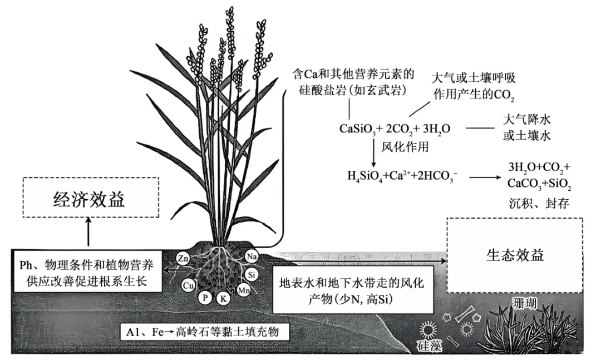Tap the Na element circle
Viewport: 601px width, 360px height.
coord(251,257)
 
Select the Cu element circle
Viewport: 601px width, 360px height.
coord(188,285)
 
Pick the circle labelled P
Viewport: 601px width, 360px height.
coord(205,298)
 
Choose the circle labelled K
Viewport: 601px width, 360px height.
coord(224,298)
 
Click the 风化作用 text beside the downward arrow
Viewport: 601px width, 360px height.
coord(405,147)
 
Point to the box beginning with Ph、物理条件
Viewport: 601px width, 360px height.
coord(86,271)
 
